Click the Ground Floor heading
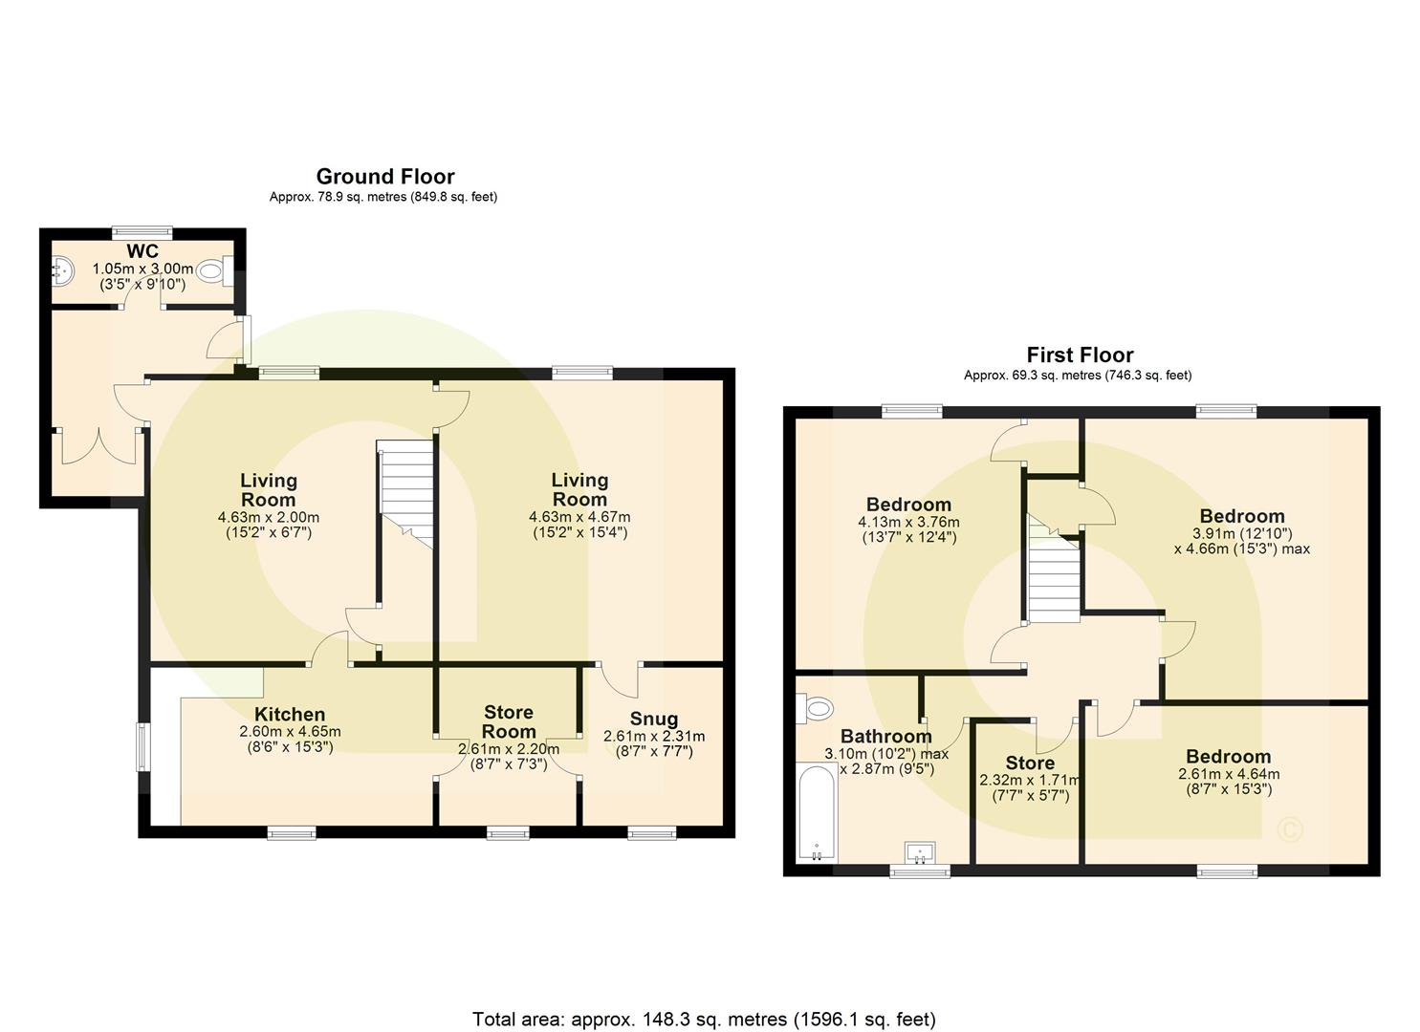pos(385,177)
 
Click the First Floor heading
pos(1080,355)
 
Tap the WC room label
pos(142,251)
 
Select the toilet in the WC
pos(211,271)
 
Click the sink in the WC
pos(62,271)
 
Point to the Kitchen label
pos(290,715)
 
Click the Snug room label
pos(654,719)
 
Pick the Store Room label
pos(509,721)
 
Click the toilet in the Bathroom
pos(817,708)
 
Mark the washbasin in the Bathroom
pos(922,851)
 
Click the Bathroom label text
pos(885,736)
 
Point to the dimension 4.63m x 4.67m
pos(579,517)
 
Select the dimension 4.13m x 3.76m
pos(908,522)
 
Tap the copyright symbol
pos(1290,828)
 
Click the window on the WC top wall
pos(142,230)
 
